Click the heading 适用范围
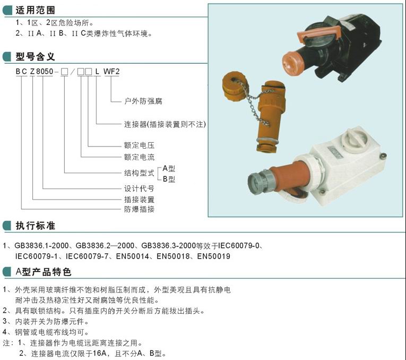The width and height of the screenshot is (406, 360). tap(35, 10)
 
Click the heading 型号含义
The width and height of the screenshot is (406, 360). tap(35, 56)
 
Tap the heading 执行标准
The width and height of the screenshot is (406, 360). tap(35, 226)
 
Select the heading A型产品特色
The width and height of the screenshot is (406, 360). tap(43, 272)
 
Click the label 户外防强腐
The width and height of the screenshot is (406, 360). tap(143, 101)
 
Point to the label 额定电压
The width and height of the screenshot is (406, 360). tap(139, 145)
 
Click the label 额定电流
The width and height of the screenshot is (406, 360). tap(139, 157)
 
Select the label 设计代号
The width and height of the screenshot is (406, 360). tap(139, 188)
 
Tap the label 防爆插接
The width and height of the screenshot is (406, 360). tap(139, 209)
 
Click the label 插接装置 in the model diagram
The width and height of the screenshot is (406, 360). tap(139, 200)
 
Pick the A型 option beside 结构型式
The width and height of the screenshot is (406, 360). tap(169, 169)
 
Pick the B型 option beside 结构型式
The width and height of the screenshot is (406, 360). tap(169, 179)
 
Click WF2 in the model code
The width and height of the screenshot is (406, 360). tap(111, 72)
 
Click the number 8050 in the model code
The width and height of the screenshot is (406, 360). tap(45, 72)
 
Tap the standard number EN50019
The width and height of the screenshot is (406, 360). tap(214, 256)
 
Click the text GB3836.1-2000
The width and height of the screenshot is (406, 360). tap(41, 245)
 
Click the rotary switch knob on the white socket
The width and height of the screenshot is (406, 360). tap(355, 139)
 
